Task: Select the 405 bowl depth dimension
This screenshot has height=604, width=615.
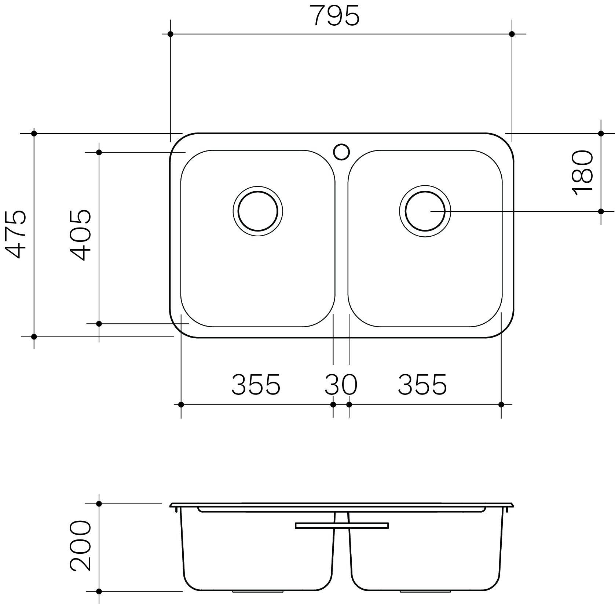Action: click(x=80, y=234)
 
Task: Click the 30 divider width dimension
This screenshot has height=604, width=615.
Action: click(x=341, y=385)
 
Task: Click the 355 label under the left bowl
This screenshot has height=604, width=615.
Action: click(x=256, y=385)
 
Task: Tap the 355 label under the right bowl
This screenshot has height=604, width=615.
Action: click(x=422, y=385)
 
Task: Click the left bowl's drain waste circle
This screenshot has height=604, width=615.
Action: click(x=258, y=211)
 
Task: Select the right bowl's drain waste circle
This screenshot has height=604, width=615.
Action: click(x=425, y=211)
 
